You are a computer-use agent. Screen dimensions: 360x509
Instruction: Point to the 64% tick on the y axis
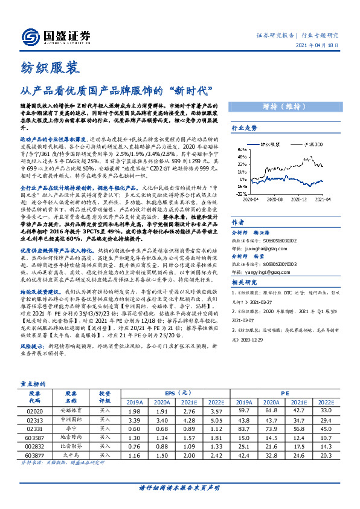click(241, 149)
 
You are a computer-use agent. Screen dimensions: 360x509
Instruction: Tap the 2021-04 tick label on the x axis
click(326, 199)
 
